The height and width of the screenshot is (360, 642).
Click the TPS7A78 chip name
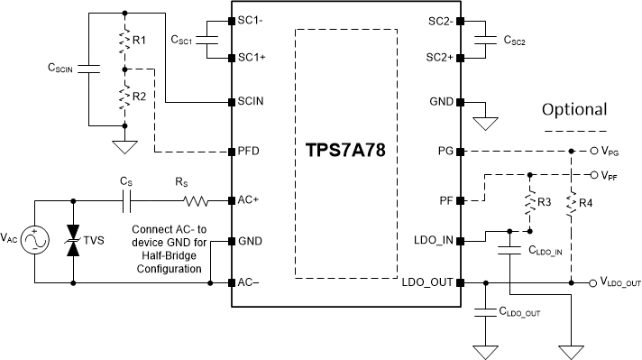(x=346, y=150)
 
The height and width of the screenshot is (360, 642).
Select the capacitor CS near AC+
(x=131, y=199)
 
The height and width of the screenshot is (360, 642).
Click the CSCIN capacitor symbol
(x=89, y=68)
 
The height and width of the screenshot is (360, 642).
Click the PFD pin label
(x=249, y=150)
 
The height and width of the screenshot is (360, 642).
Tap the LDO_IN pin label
(x=436, y=241)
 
